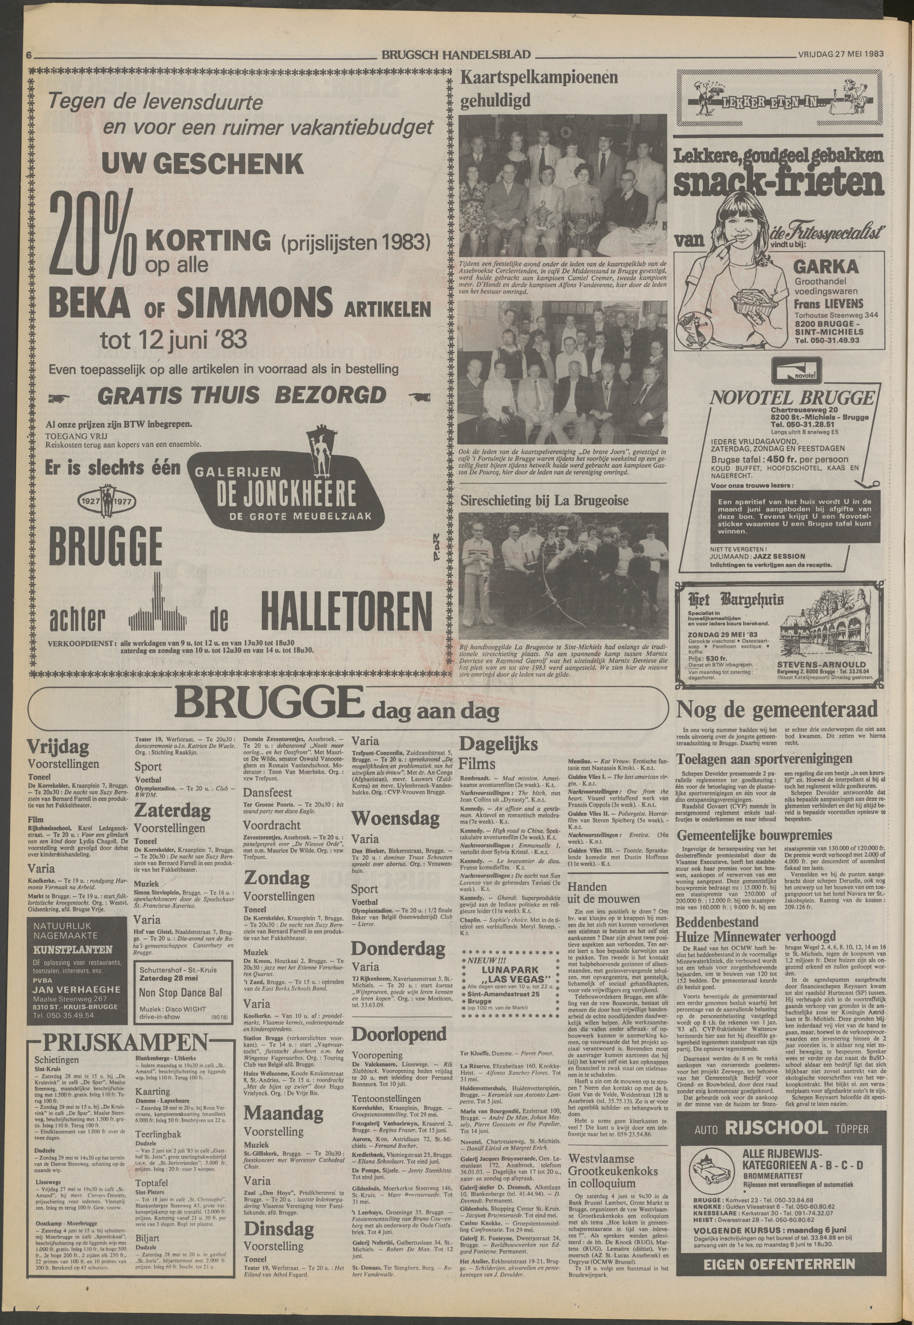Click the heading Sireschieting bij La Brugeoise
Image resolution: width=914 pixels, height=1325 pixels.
[x=544, y=500]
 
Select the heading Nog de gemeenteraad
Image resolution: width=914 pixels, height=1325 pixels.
[x=776, y=710]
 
